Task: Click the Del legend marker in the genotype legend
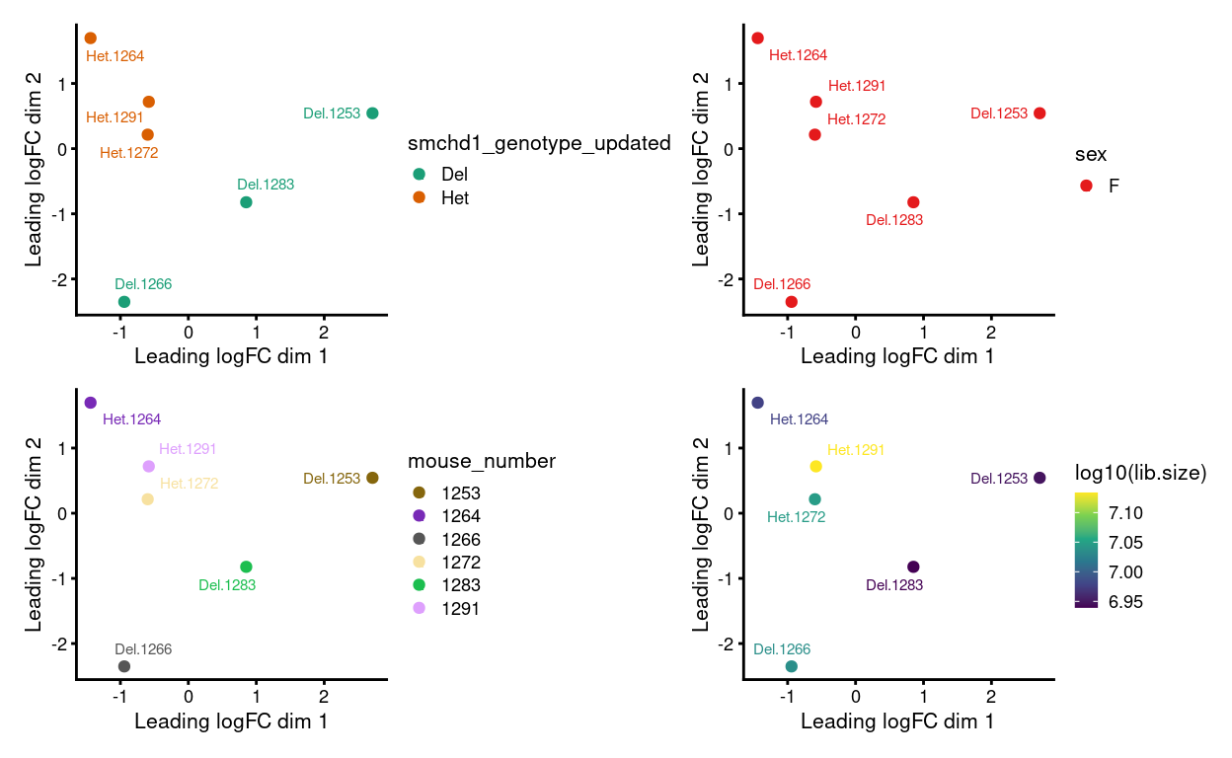[x=419, y=175]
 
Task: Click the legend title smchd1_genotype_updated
[x=539, y=144]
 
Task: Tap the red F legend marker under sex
[x=1086, y=186]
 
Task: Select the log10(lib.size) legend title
[x=1140, y=473]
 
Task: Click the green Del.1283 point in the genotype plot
[x=246, y=202]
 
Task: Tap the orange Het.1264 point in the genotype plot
[x=91, y=38]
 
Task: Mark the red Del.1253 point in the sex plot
[x=1039, y=114]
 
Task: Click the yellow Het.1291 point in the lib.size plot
[x=815, y=466]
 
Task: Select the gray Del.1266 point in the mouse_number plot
[x=124, y=666]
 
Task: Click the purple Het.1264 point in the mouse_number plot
[x=91, y=403]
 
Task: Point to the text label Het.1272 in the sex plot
[x=856, y=119]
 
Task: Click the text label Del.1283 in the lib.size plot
[x=893, y=585]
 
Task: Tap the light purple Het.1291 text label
[x=188, y=449]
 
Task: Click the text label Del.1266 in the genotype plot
[x=143, y=284]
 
